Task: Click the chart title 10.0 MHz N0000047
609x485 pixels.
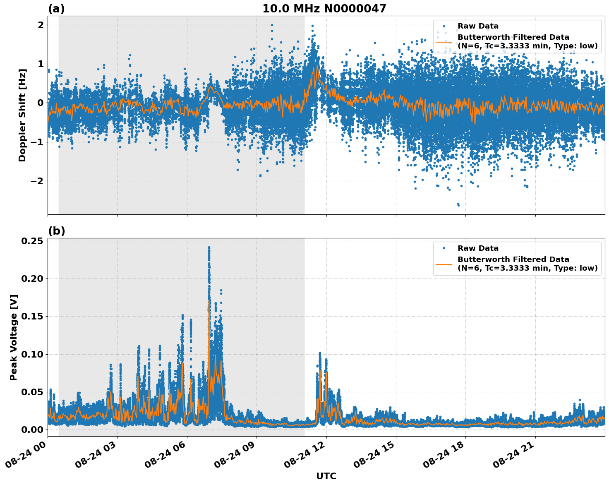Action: click(324, 9)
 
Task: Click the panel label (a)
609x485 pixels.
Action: click(56, 9)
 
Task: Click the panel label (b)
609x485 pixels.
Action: click(56, 231)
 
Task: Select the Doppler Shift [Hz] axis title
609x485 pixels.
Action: click(22, 115)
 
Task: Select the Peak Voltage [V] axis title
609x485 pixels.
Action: click(14, 337)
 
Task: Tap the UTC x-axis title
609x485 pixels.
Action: click(326, 476)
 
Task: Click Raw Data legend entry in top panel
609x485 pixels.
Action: click(478, 26)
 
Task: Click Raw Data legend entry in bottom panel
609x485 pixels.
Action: click(478, 248)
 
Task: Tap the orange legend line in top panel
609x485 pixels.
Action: click(444, 42)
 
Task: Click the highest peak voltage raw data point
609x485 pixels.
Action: click(209, 247)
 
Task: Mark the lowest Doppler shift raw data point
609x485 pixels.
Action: click(458, 205)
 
